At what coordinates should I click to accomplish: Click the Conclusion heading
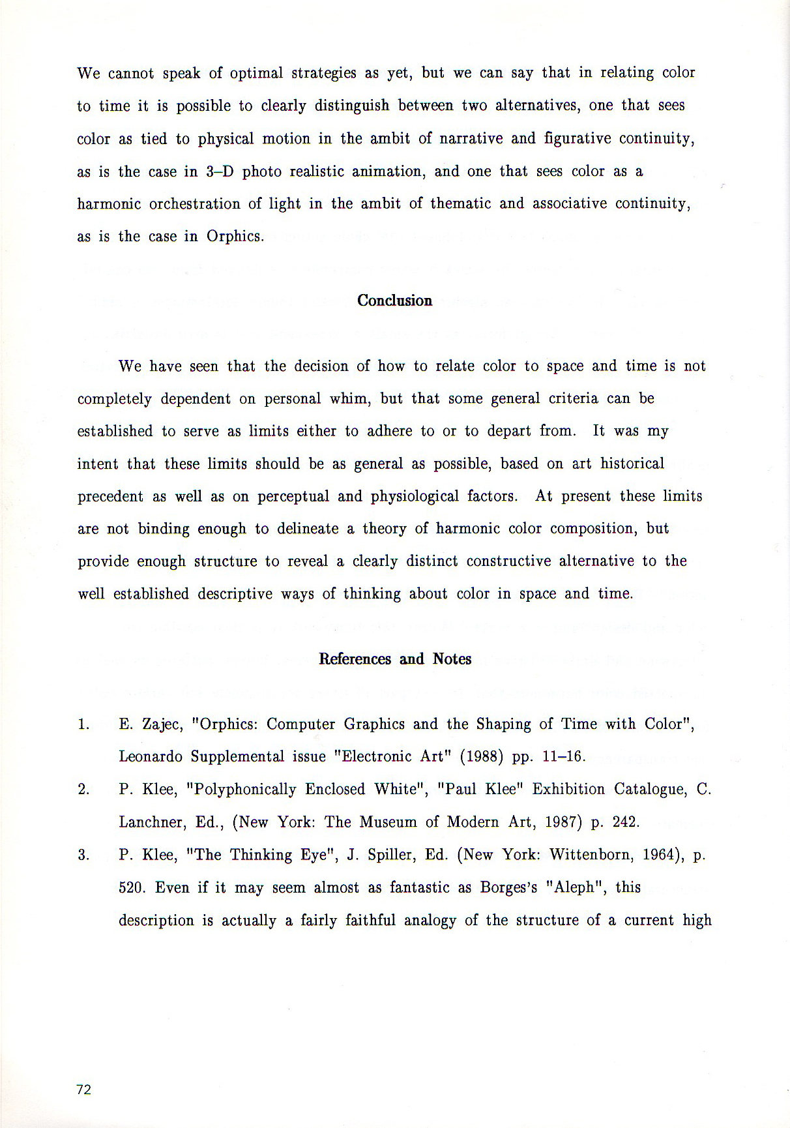[x=394, y=301]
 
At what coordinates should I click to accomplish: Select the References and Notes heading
[x=394, y=659]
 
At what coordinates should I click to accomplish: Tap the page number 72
[x=83, y=1089]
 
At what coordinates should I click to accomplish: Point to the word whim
[x=350, y=398]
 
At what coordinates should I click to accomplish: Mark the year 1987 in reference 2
[x=561, y=822]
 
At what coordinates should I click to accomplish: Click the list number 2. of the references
[x=83, y=790]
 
